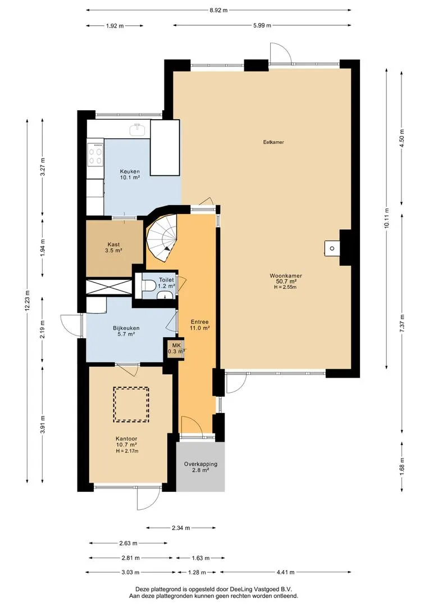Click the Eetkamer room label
tap(273, 142)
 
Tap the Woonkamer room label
tap(286, 276)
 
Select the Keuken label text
tap(130, 171)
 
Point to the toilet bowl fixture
tap(149, 286)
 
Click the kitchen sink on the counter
tap(137, 129)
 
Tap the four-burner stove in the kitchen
tap(95, 154)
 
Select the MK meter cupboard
tap(175, 349)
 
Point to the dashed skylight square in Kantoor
tap(131, 404)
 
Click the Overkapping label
tap(200, 464)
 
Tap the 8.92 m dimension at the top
tap(218, 11)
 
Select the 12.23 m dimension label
tap(27, 301)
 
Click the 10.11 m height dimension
tap(386, 219)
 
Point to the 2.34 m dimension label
tap(181, 528)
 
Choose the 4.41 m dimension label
tap(285, 572)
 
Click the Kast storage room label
tap(114, 244)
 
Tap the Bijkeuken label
tap(126, 328)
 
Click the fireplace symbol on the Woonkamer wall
tap(332, 248)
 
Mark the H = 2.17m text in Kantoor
tap(127, 451)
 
